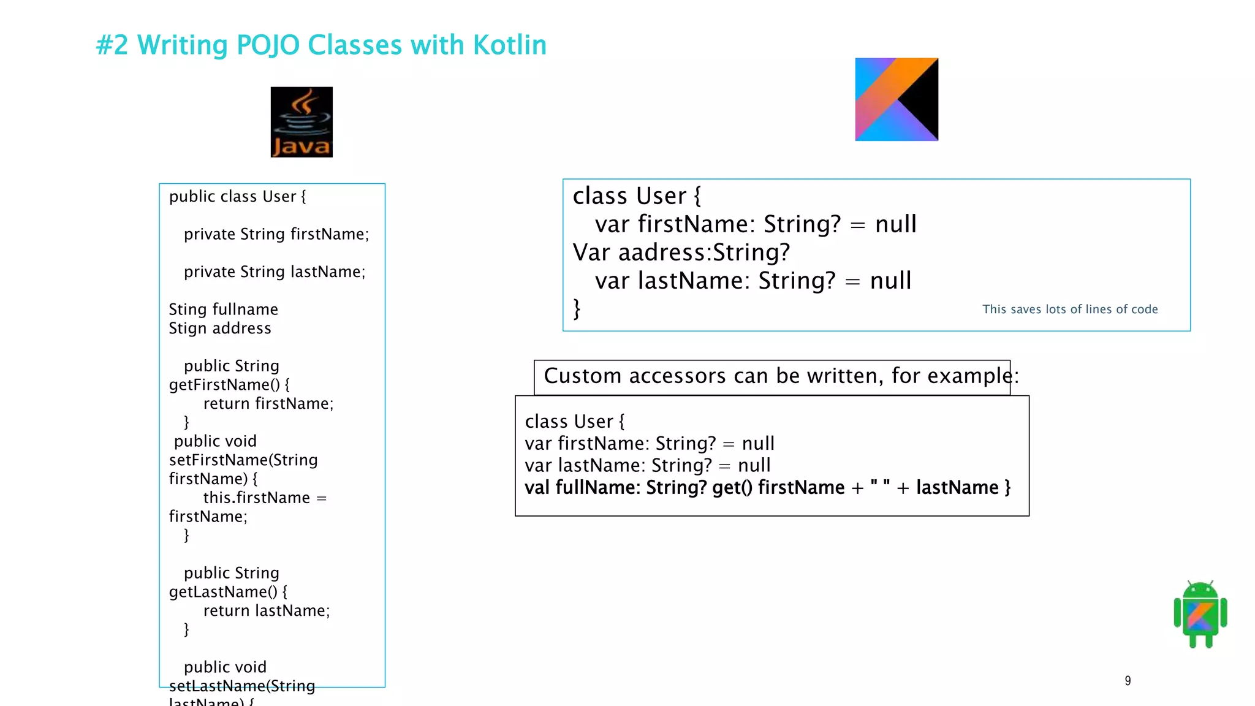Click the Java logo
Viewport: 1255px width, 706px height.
(301, 122)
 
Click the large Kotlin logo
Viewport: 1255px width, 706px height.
(896, 99)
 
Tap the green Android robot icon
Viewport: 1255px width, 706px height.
(1200, 614)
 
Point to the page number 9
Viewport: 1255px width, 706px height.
(1128, 681)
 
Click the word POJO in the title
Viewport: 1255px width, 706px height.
(268, 45)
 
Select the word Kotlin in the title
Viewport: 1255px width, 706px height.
(509, 45)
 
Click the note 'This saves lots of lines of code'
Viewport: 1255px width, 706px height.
(1070, 309)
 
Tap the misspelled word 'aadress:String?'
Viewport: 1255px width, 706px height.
(703, 252)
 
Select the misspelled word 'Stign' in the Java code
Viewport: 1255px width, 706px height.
(188, 328)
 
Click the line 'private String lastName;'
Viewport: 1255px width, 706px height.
(275, 271)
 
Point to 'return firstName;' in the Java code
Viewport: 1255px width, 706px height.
(268, 403)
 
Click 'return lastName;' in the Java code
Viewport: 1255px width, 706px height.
(267, 610)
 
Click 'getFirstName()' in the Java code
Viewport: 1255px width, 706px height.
(224, 385)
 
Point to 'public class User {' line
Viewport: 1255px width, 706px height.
(237, 197)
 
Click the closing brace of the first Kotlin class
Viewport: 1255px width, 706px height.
(577, 308)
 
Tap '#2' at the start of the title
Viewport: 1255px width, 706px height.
(112, 45)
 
